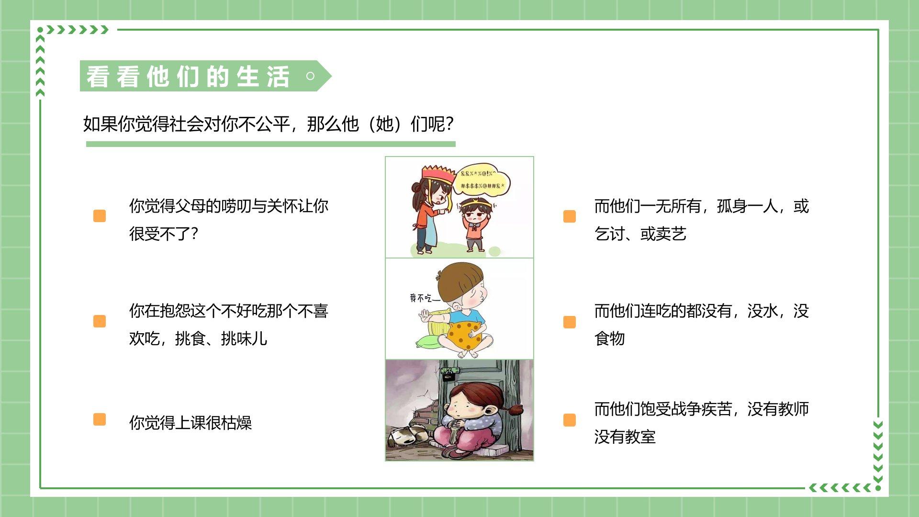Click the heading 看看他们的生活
(188, 77)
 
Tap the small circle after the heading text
(310, 76)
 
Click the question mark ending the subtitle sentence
(449, 124)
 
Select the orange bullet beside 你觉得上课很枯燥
(100, 420)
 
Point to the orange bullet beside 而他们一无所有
(570, 216)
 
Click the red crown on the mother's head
(438, 174)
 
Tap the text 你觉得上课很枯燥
(191, 423)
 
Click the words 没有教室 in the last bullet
(625, 437)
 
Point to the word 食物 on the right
(609, 338)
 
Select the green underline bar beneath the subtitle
(271, 144)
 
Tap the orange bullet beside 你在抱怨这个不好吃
(100, 321)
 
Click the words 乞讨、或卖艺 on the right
(640, 234)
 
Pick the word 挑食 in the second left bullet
(190, 338)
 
